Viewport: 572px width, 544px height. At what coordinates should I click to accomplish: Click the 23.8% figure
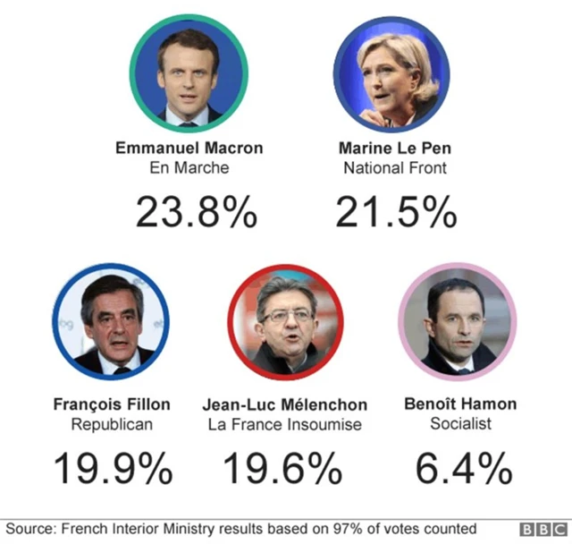(197, 212)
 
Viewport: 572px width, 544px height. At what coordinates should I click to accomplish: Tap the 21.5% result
(396, 212)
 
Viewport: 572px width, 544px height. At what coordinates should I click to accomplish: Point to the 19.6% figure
(282, 468)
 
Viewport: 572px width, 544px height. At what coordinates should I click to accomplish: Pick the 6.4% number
(464, 468)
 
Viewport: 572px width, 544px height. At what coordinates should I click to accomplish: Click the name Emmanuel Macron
(189, 148)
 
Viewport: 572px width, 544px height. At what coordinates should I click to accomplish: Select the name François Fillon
(112, 404)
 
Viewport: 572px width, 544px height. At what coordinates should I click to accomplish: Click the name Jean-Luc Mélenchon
(285, 404)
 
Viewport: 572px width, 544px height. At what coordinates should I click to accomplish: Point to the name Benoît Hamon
(460, 404)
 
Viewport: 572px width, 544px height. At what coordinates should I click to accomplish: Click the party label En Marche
(189, 167)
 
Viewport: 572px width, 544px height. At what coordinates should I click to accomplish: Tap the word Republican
(112, 424)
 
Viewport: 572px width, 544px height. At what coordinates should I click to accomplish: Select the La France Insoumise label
(285, 424)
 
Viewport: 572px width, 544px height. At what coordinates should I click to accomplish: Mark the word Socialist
(460, 424)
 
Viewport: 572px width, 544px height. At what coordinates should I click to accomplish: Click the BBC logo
(543, 530)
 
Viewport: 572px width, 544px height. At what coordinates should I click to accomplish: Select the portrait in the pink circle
(458, 324)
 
